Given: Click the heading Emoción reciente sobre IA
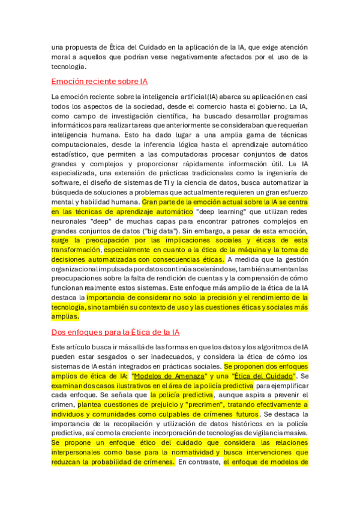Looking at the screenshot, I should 100,81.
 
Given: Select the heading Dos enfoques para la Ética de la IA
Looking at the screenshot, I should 116,332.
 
